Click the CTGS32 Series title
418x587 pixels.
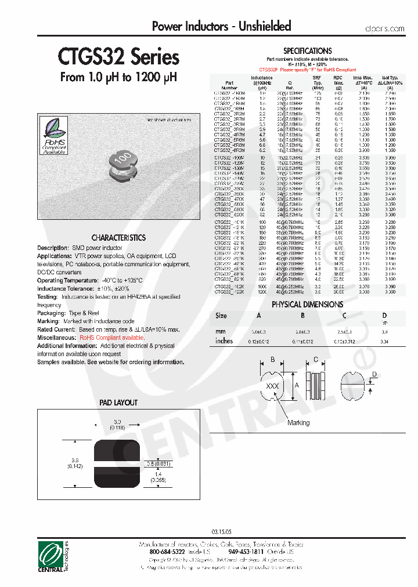click(118, 57)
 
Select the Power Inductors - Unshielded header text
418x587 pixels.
click(221, 26)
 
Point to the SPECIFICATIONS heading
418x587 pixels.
click(307, 51)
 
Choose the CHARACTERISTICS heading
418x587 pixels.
click(118, 238)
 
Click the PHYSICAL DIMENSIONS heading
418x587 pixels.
click(307, 304)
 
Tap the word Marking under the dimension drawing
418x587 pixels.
click(298, 423)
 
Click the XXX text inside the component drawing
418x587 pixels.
click(272, 386)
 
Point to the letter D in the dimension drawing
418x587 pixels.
click(375, 374)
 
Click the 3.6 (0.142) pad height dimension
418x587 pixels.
click(74, 462)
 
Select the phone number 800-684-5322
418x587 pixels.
click(168, 552)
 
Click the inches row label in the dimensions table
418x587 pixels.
click(224, 341)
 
